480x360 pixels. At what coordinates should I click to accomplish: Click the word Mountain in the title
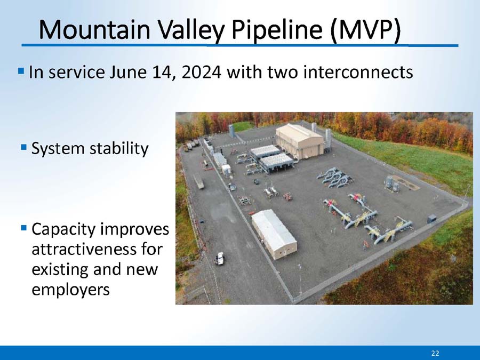(x=94, y=29)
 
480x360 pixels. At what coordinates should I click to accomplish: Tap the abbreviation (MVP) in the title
(x=365, y=30)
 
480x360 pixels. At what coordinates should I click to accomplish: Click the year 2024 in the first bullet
(x=201, y=72)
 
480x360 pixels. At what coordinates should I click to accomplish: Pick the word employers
(x=70, y=290)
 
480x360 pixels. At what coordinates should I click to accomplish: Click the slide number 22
(x=435, y=353)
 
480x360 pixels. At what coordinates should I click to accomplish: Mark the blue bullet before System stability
(x=24, y=148)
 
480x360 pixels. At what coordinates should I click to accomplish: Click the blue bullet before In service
(x=21, y=71)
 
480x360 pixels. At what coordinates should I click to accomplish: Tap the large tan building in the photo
(x=299, y=141)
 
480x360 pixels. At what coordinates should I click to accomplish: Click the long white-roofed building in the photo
(x=274, y=234)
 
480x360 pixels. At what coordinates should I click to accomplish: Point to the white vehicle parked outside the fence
(x=220, y=258)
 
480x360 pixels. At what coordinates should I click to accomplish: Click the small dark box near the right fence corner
(x=431, y=219)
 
